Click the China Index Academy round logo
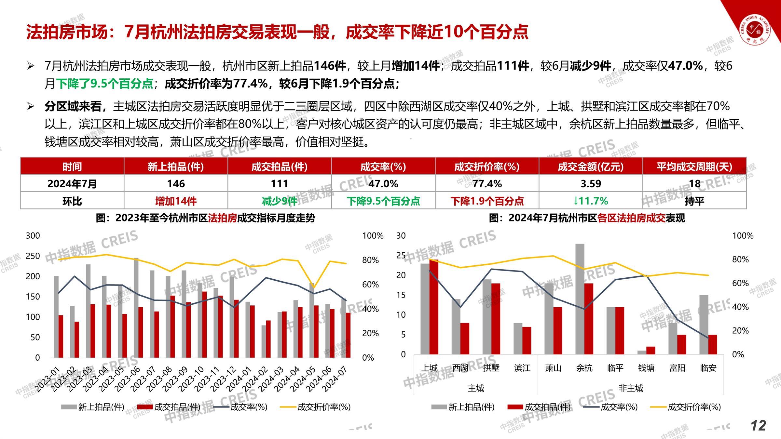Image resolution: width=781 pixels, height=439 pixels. tap(754, 30)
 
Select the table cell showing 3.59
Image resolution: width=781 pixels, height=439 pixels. tap(591, 184)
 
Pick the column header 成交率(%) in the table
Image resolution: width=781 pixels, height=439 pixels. tap(383, 167)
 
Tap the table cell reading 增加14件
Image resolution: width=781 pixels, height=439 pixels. tap(176, 201)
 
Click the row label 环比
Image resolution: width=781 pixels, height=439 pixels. tap(72, 201)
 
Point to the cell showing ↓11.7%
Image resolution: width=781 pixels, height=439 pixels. tap(591, 201)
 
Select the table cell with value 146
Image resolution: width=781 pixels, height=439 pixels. tap(176, 184)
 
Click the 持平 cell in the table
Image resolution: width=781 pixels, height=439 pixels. tap(694, 201)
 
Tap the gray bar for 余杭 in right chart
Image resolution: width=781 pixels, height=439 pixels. tap(580, 299)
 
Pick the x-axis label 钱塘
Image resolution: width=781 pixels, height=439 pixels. tap(646, 368)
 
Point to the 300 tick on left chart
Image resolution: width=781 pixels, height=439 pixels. tap(33, 236)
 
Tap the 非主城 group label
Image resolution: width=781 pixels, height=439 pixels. tap(631, 388)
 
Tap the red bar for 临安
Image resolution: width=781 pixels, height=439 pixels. tap(712, 344)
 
